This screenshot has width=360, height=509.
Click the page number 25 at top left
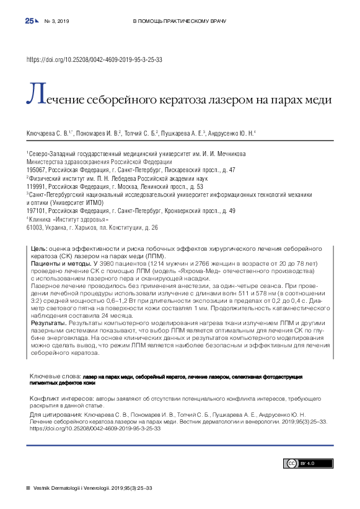(x=29, y=21)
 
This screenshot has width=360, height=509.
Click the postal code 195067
(x=36, y=170)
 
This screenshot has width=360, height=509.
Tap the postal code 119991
(x=36, y=186)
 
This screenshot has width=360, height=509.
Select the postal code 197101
(x=36, y=211)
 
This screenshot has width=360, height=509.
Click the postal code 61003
(x=35, y=228)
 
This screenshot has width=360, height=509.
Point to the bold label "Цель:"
(x=39, y=248)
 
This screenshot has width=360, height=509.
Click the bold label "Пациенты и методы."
(x=55, y=263)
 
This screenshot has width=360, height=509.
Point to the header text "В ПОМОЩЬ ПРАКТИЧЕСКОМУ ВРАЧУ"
(x=180, y=22)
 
